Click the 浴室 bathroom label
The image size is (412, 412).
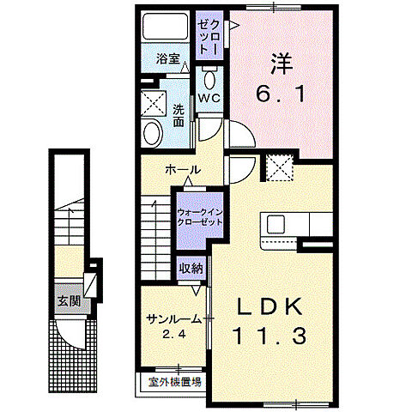point(167,59)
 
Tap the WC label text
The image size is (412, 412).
point(209,99)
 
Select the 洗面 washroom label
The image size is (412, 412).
point(179,115)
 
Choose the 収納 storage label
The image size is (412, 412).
point(191,268)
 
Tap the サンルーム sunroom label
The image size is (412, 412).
point(174,318)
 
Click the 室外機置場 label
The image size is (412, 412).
point(173,382)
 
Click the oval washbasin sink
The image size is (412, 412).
point(152,134)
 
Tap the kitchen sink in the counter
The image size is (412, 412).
point(276,225)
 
